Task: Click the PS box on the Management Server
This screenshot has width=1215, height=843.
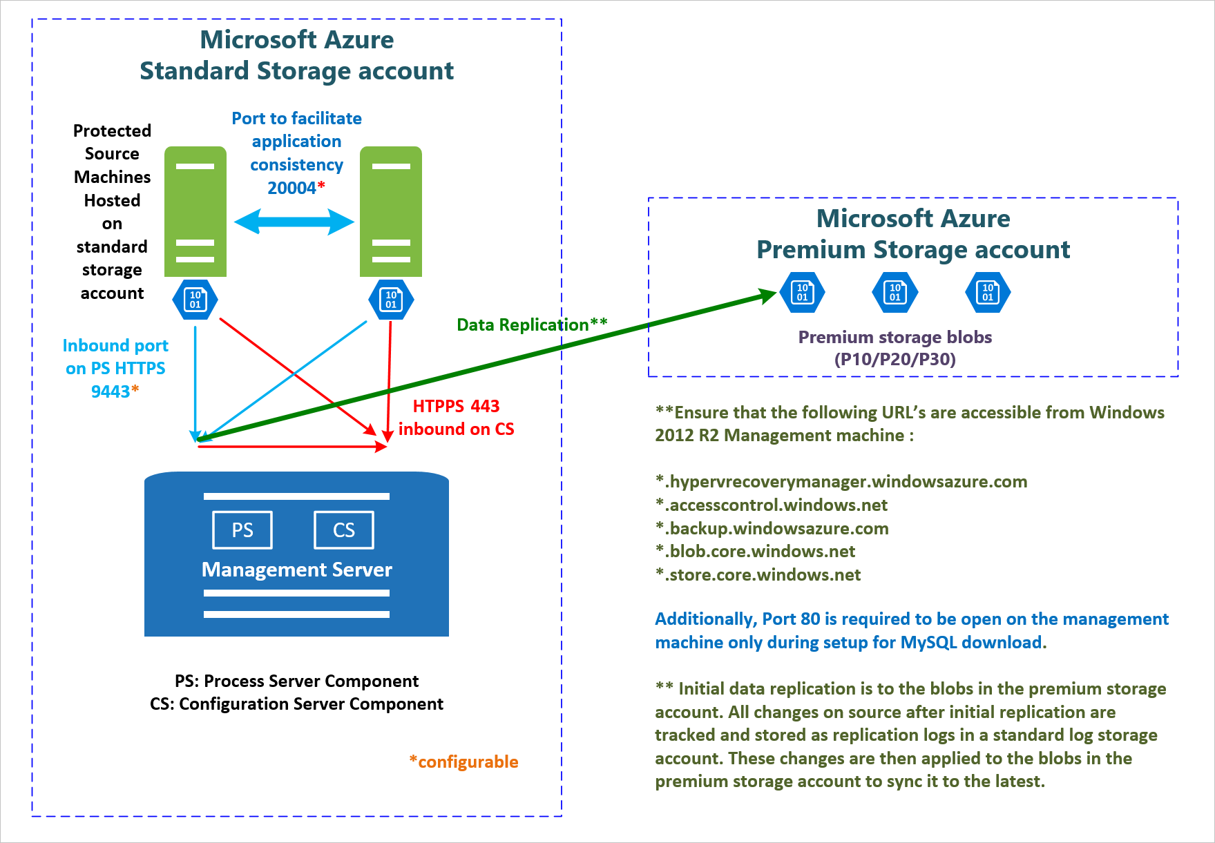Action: (242, 530)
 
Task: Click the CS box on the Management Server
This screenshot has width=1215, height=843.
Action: (344, 530)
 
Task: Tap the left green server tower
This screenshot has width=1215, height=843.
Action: (195, 211)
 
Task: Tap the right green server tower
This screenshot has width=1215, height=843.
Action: (391, 211)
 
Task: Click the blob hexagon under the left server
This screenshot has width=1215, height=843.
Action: (195, 300)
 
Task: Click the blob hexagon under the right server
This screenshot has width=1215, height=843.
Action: (391, 300)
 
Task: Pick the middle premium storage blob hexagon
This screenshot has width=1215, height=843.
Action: (895, 293)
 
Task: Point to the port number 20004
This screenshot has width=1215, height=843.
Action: (291, 188)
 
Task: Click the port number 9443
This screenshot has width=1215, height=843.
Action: (111, 391)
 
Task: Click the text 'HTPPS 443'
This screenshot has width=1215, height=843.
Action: (456, 406)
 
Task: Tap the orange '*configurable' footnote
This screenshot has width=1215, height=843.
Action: (464, 762)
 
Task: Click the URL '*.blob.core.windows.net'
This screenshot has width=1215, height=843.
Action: (755, 551)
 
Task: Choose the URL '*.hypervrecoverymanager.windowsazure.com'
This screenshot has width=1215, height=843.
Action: (841, 481)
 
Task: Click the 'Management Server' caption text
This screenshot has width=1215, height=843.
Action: (296, 570)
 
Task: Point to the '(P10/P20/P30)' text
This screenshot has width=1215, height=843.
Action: (894, 359)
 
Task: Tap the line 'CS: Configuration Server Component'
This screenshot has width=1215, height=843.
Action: (296, 704)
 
